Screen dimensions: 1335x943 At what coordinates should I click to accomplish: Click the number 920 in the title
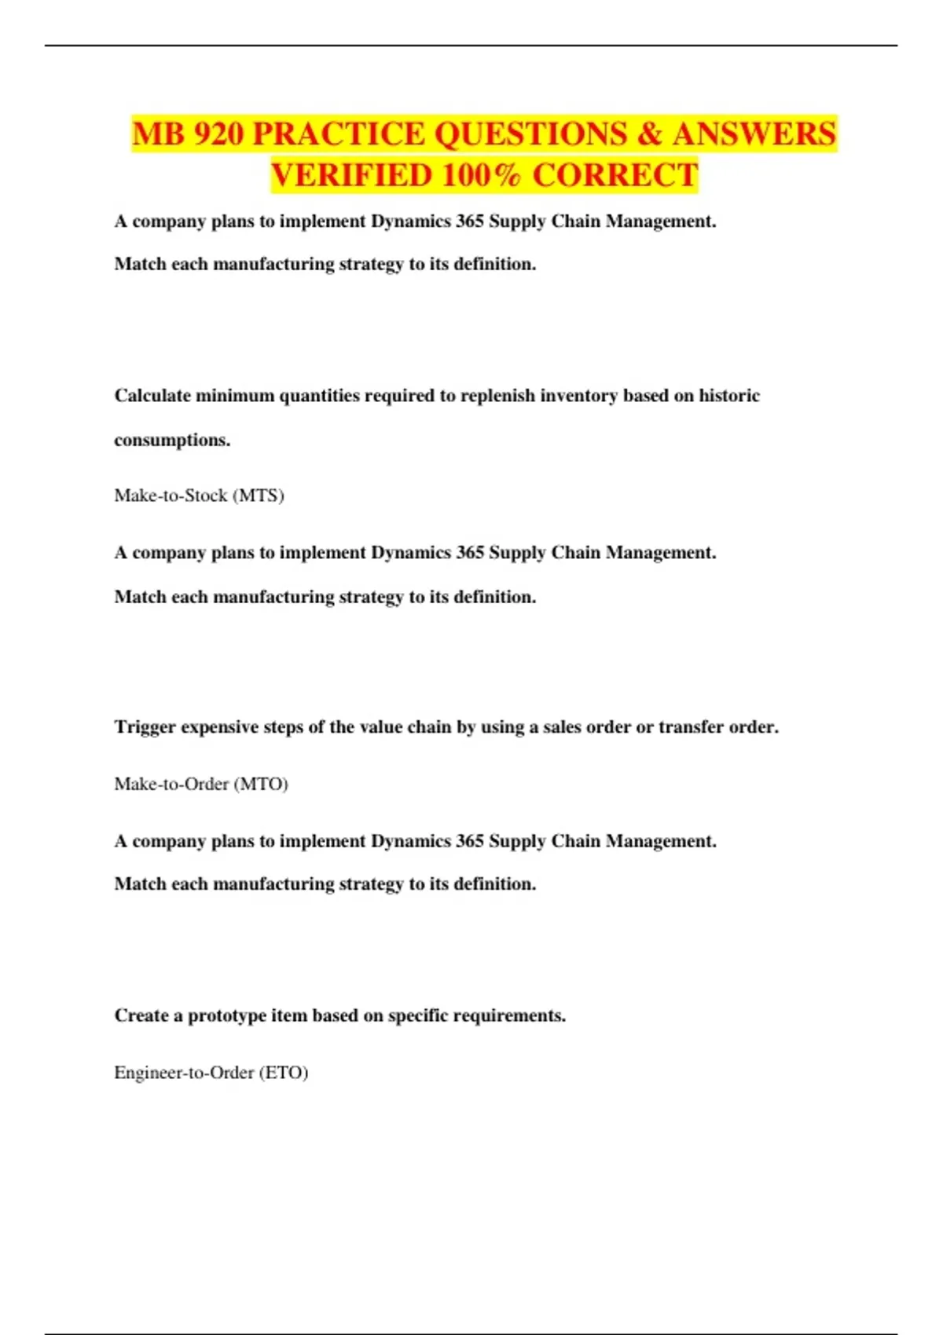click(218, 134)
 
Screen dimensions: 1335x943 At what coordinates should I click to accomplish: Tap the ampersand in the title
click(649, 134)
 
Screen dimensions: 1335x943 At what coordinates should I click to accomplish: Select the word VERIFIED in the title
click(350, 175)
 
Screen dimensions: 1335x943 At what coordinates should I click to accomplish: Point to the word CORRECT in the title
click(615, 175)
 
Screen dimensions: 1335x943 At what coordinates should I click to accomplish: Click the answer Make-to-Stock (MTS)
click(199, 496)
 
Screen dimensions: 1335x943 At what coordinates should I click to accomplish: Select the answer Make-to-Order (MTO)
click(201, 784)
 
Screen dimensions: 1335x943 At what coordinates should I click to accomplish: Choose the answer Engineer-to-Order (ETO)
click(211, 1073)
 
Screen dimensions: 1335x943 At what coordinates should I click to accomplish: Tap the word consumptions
click(172, 440)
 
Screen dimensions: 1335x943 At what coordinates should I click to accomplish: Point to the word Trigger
click(145, 727)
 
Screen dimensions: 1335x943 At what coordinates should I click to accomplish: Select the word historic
click(729, 396)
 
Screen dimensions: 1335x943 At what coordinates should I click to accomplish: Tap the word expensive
click(219, 727)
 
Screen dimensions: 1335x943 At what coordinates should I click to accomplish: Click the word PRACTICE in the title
click(338, 134)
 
